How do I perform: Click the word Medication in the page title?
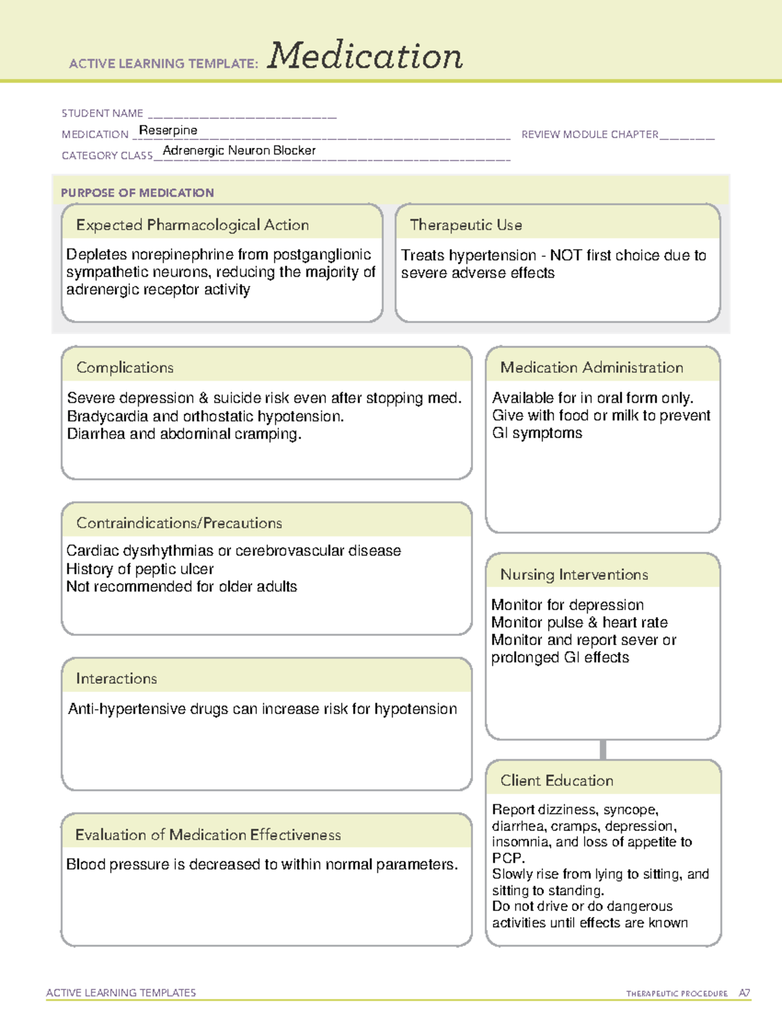(364, 56)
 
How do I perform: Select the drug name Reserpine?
(168, 130)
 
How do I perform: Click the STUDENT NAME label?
(102, 113)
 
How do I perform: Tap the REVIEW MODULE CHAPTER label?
(590, 134)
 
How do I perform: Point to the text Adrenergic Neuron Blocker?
(239, 151)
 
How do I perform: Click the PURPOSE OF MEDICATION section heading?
(138, 193)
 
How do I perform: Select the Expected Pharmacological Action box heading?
(192, 225)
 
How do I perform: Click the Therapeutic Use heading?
(466, 225)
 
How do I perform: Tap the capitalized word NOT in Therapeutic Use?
(566, 255)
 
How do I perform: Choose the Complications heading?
(125, 368)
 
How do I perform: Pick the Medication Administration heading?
(592, 368)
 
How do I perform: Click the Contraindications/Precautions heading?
(179, 523)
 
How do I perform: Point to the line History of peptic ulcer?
(140, 569)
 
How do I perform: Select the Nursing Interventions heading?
(574, 575)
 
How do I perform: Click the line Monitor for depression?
(567, 605)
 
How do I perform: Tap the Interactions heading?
(117, 678)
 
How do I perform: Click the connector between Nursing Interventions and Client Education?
(603, 749)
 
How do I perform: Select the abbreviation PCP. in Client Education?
(508, 858)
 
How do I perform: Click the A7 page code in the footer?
(744, 993)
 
